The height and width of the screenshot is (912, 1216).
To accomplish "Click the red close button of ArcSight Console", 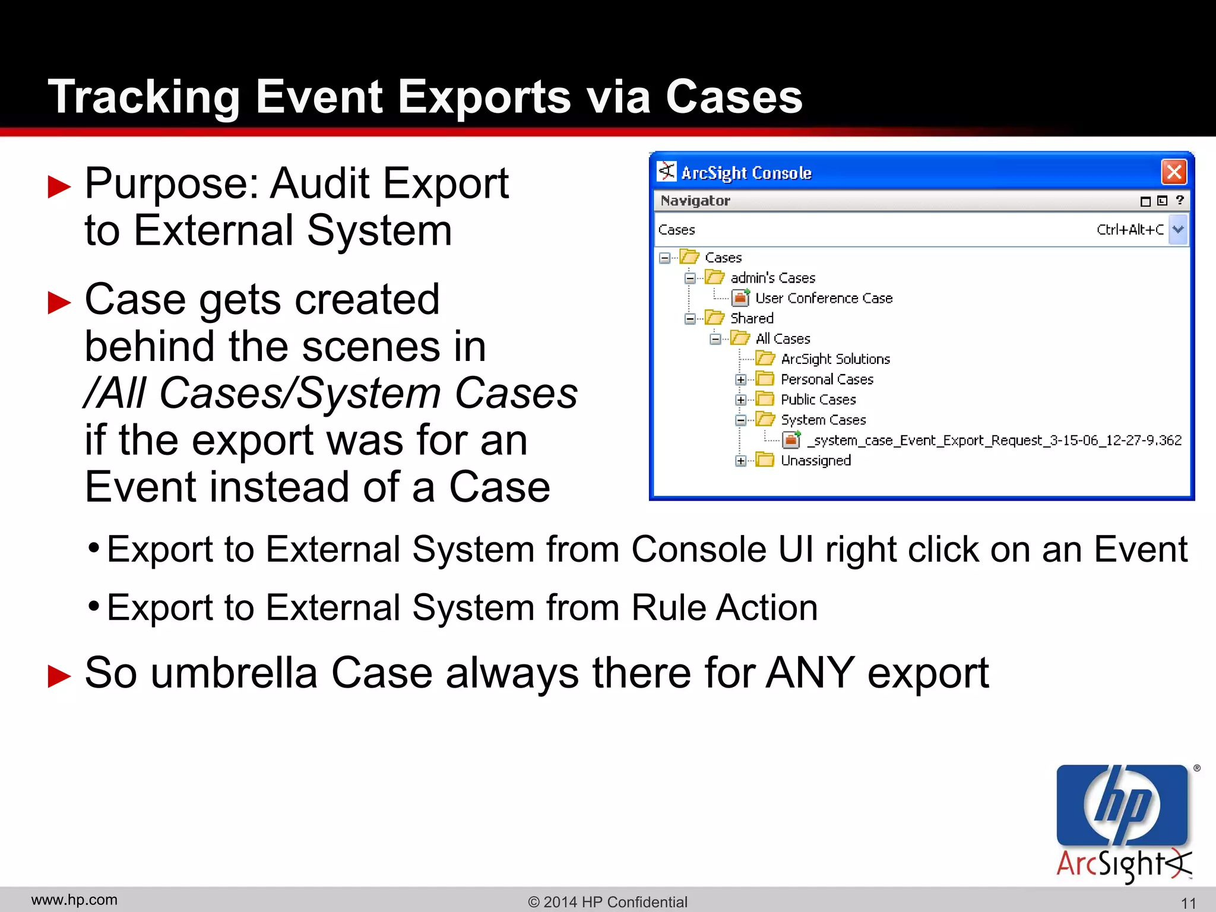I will (x=1174, y=173).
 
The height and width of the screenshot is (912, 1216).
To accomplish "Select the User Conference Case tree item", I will (x=824, y=298).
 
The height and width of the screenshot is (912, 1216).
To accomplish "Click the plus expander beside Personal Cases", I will (x=740, y=379).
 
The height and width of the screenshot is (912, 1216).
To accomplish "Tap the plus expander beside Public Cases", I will (x=740, y=400).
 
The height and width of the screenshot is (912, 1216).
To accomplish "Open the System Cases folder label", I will (x=823, y=420).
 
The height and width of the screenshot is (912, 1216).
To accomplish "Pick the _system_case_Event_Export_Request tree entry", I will (x=994, y=440).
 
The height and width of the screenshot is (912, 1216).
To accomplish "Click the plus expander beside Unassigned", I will (x=740, y=461).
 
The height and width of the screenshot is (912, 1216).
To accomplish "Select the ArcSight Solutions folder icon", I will (x=765, y=359).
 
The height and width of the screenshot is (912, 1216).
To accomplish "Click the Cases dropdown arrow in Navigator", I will (x=1179, y=229).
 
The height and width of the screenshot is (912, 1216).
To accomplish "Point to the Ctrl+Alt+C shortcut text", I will (x=1130, y=230).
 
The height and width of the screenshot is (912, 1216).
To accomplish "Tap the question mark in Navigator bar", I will (x=1180, y=201).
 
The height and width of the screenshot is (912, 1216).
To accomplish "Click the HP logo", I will (x=1122, y=806).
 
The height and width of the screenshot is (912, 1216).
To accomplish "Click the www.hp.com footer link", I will (x=74, y=900).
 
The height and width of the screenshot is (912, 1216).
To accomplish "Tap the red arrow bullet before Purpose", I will (x=59, y=186).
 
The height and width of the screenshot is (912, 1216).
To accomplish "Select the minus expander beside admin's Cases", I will (x=690, y=278).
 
